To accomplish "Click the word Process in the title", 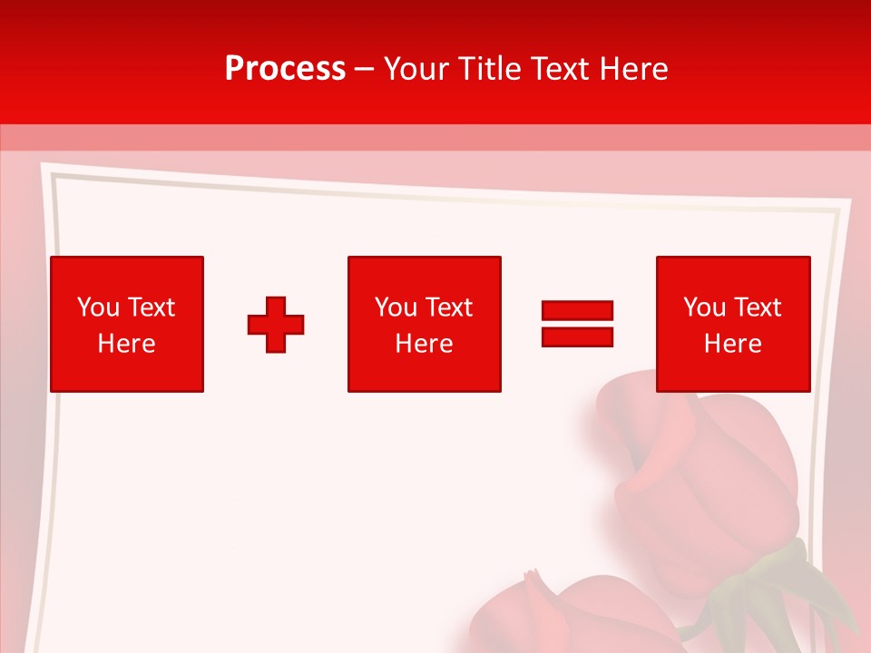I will click(x=285, y=69).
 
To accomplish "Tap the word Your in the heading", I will click(x=415, y=69).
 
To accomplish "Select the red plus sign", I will click(x=276, y=325).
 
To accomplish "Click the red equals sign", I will click(x=577, y=324).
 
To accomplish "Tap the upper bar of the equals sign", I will click(x=577, y=311).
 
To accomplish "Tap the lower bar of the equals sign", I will click(x=577, y=336).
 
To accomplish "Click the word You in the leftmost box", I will click(x=98, y=307).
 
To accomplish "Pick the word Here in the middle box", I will click(x=425, y=344).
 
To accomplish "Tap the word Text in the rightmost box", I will click(x=758, y=307).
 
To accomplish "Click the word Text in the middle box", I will click(x=449, y=307).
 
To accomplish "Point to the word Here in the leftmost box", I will click(x=127, y=344).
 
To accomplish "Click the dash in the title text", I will click(x=365, y=69).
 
